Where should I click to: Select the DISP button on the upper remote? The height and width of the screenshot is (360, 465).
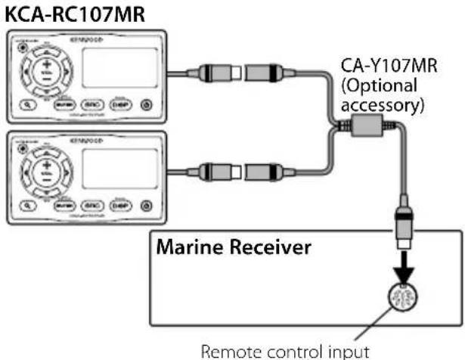tap(119, 105)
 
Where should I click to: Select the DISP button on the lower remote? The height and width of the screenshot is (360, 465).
tap(119, 203)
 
